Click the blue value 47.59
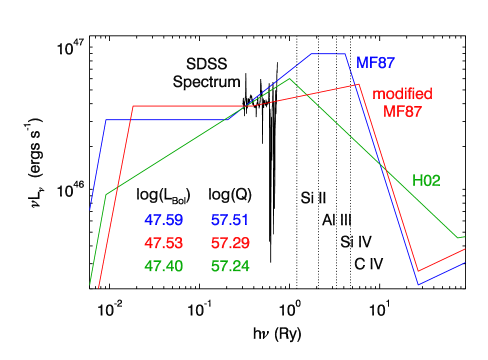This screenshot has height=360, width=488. (x=163, y=220)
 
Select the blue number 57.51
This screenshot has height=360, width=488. (x=230, y=220)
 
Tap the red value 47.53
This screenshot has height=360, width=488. (x=163, y=244)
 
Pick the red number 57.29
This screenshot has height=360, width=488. (x=230, y=244)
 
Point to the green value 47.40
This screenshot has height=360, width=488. (x=163, y=267)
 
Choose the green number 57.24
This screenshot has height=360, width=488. (x=230, y=267)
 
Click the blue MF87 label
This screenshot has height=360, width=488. (x=376, y=62)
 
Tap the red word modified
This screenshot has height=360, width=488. (x=402, y=94)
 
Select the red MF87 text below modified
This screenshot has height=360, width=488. (x=402, y=111)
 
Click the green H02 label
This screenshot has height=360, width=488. (x=427, y=181)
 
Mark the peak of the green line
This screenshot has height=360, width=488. (x=290, y=79)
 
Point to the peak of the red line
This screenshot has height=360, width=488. (x=358, y=84)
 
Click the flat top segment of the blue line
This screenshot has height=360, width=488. (x=328, y=54)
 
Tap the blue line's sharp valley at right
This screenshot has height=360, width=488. (x=418, y=285)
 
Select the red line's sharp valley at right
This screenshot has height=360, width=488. (x=418, y=271)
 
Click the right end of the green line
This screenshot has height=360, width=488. (x=465, y=237)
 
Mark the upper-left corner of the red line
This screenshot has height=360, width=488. (x=133, y=106)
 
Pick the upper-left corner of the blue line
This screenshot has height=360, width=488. (x=107, y=120)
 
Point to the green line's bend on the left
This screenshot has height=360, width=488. (x=106, y=194)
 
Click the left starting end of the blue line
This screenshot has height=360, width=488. (x=90, y=209)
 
